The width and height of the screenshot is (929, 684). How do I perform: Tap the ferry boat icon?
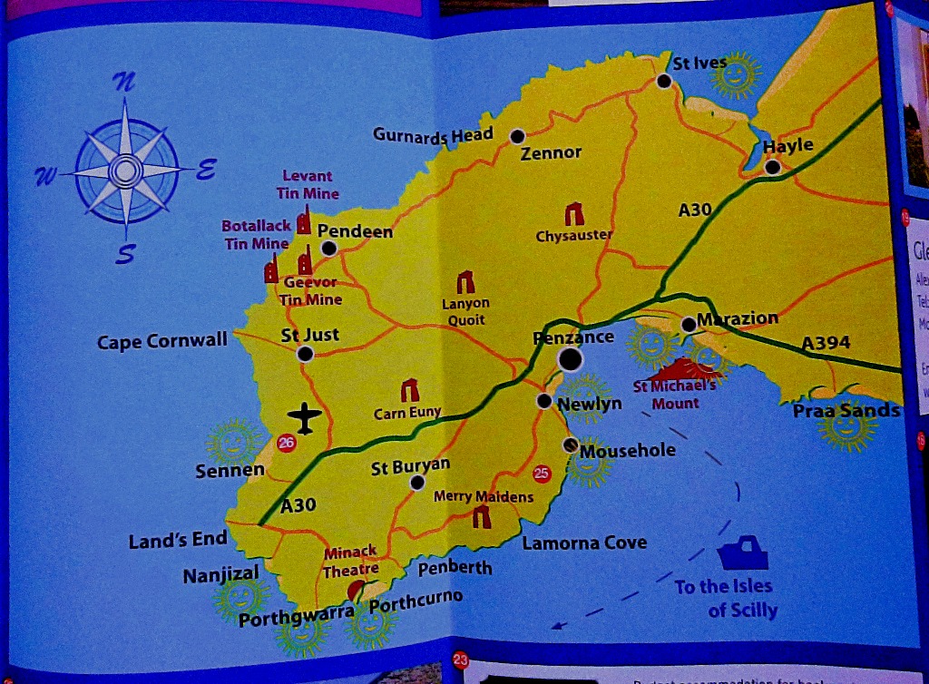[743, 552]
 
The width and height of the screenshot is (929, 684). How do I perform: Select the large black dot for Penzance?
[570, 359]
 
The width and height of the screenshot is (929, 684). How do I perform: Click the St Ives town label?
[699, 63]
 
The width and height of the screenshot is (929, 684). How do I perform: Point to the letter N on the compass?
[123, 83]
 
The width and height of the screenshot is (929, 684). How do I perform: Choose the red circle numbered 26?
[287, 443]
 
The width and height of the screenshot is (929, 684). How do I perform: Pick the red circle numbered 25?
[543, 472]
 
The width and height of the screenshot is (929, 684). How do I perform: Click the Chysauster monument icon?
[574, 214]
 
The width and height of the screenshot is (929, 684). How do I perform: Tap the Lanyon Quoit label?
[465, 311]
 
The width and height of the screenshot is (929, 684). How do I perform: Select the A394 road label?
[826, 343]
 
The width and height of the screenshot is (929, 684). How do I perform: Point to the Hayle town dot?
[772, 167]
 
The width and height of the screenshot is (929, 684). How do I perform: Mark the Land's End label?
[178, 540]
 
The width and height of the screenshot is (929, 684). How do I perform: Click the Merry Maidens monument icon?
[481, 517]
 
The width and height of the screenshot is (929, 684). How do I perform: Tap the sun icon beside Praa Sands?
[845, 429]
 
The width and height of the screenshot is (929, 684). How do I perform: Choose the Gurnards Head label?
[433, 135]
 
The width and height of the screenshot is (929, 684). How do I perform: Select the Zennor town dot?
[517, 136]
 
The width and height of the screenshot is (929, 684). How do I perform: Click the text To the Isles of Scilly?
[725, 598]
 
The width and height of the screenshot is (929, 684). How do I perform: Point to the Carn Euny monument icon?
[410, 390]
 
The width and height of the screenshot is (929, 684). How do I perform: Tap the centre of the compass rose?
[124, 170]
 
